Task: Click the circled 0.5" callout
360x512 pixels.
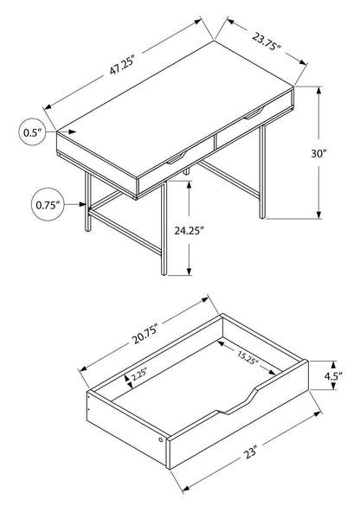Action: pyautogui.click(x=33, y=132)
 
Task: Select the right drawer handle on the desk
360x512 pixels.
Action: pyautogui.click(x=256, y=112)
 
